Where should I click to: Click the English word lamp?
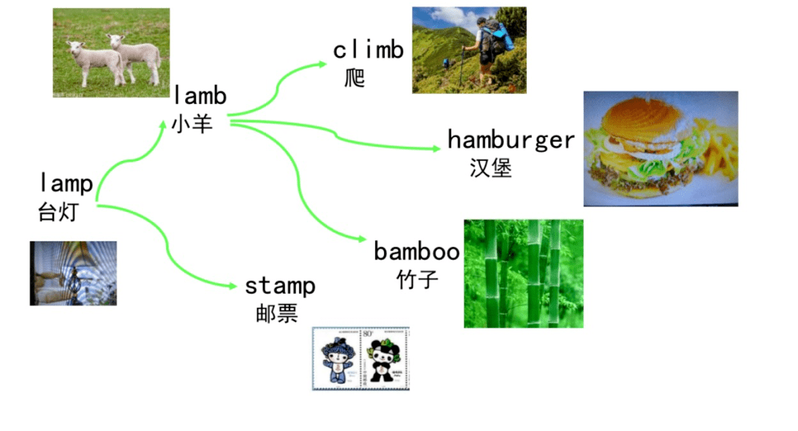click(66, 183)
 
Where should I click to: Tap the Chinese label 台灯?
click(57, 213)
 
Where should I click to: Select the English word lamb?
click(200, 95)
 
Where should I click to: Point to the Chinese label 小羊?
click(192, 124)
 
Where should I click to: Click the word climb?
click(368, 50)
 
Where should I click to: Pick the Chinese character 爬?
click(355, 77)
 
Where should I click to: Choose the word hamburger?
click(511, 139)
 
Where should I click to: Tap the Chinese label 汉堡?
click(491, 168)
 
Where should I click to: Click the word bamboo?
click(417, 252)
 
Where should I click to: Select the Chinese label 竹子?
click(417, 280)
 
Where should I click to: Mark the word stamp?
click(280, 286)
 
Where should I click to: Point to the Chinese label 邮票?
click(272, 313)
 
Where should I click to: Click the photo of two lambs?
click(112, 53)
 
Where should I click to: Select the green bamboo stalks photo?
click(523, 273)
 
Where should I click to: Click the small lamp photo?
click(73, 273)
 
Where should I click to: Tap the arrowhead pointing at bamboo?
click(362, 240)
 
